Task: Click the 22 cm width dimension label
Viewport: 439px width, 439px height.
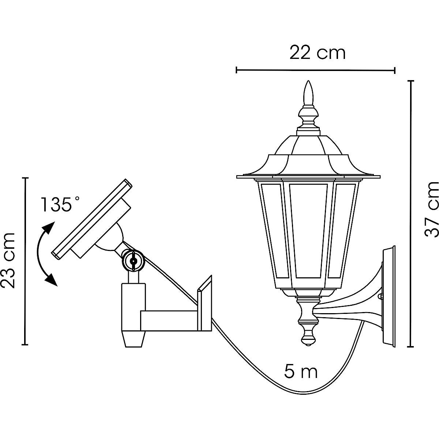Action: pyautogui.click(x=317, y=53)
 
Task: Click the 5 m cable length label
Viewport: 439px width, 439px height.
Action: pyautogui.click(x=301, y=372)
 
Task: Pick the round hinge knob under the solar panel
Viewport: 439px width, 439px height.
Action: pyautogui.click(x=132, y=260)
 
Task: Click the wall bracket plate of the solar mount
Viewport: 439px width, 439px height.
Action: pyautogui.click(x=205, y=304)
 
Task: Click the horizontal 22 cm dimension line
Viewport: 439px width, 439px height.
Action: pyautogui.click(x=315, y=70)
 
